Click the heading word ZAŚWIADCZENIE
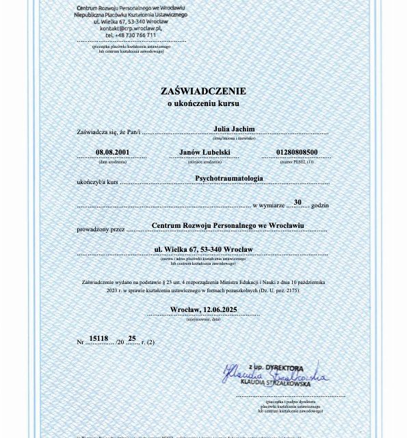coord(203,91)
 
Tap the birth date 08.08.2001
coord(112,153)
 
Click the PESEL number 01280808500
coord(296,153)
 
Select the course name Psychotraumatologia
coord(228,178)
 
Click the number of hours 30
coord(298,202)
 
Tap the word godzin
coord(319,205)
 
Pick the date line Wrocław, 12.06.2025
coord(203,309)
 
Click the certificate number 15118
coord(99,338)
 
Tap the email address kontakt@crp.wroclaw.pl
coord(130,28)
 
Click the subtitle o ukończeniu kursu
coord(203,103)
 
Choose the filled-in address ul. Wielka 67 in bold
coord(203,249)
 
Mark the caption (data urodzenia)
coord(112,162)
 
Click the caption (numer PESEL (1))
coord(296,162)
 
